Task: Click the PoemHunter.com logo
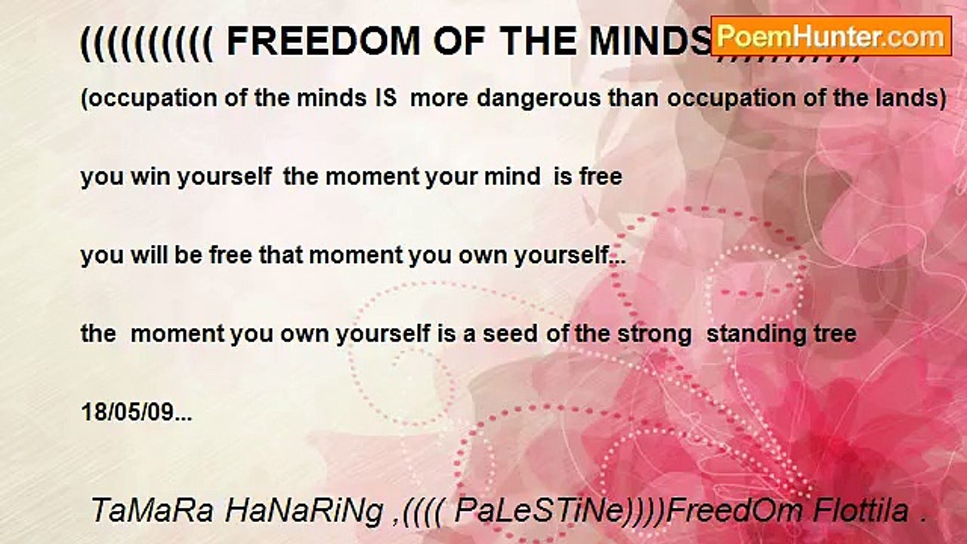[x=831, y=36]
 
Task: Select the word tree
[x=836, y=333]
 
